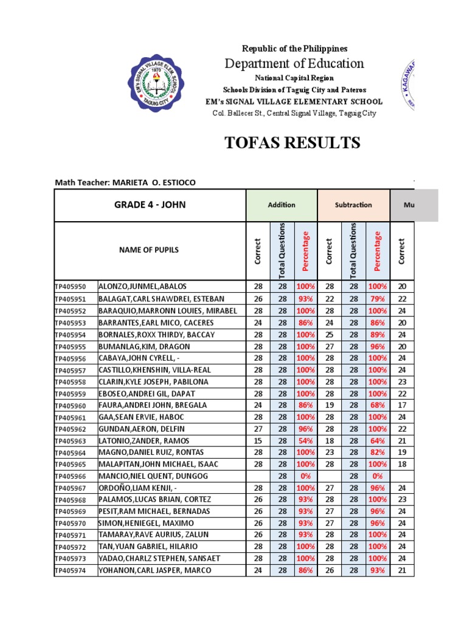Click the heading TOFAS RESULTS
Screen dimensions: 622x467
click(x=292, y=143)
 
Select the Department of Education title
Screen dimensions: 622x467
click(x=294, y=64)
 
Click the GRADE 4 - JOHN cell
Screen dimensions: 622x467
click(x=150, y=205)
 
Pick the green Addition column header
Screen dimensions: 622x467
click(x=282, y=205)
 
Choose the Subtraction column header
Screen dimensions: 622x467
click(x=353, y=205)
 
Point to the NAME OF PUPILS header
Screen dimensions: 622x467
click(x=150, y=250)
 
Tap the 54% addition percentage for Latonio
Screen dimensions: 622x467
click(x=305, y=440)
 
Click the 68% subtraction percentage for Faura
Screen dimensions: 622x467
click(x=377, y=405)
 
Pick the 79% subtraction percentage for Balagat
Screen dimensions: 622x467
click(x=377, y=299)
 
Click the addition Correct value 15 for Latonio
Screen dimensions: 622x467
click(x=258, y=440)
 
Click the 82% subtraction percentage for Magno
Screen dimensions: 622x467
click(x=377, y=453)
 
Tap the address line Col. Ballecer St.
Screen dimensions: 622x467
click(x=294, y=113)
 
